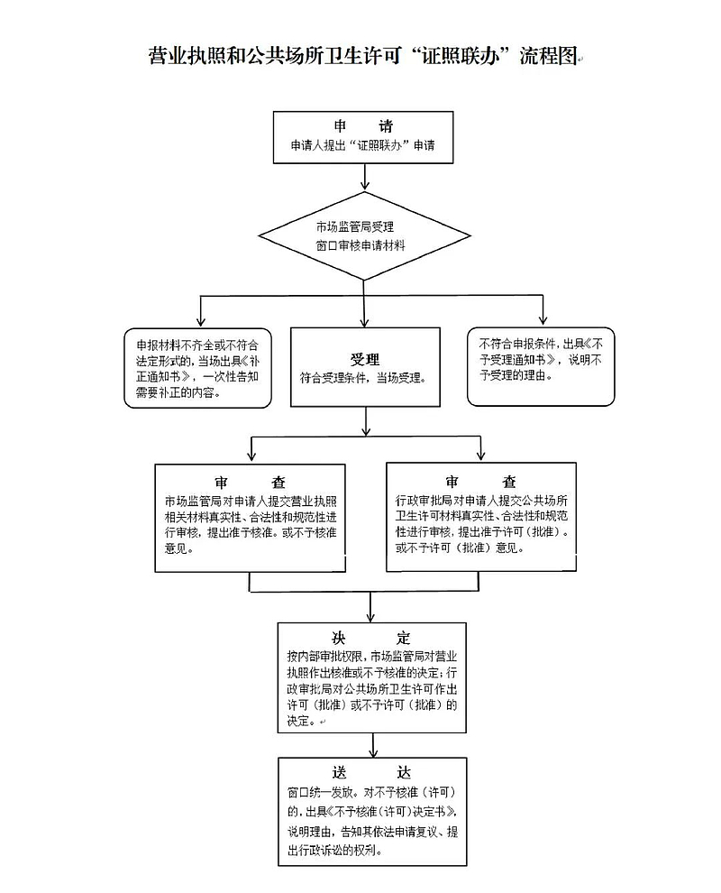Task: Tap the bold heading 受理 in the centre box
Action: [x=365, y=359]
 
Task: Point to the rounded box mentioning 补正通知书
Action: [x=197, y=368]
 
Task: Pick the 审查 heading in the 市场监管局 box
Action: [x=250, y=483]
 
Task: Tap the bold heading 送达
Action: [x=371, y=773]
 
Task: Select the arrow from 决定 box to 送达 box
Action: [x=371, y=743]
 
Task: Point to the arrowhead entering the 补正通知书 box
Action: [x=198, y=322]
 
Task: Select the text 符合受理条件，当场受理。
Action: [x=365, y=378]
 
